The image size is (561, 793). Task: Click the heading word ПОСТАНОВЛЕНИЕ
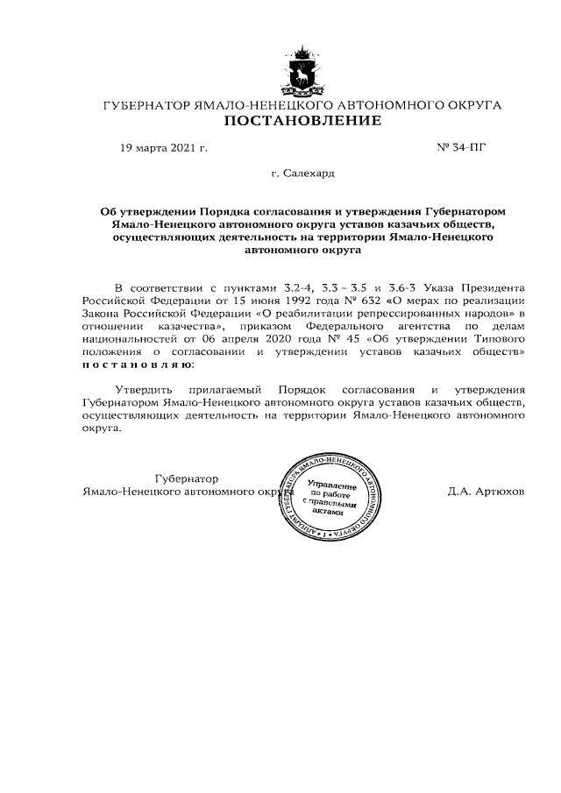point(302,121)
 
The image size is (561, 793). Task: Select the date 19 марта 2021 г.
point(163,147)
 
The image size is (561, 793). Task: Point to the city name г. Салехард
point(302,174)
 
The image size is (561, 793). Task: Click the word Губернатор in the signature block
point(186,478)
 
